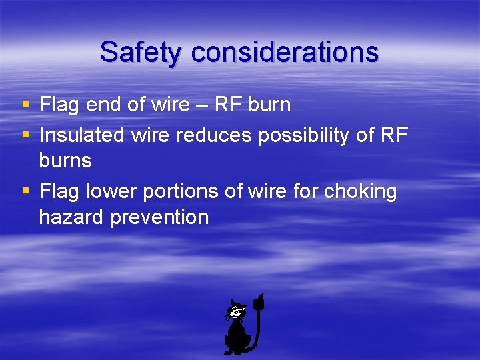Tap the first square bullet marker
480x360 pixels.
(25, 105)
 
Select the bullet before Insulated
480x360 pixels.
(25, 135)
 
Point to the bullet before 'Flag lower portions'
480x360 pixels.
(25, 191)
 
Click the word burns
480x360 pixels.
(65, 161)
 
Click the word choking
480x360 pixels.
(360, 192)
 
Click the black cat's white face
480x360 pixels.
(236, 311)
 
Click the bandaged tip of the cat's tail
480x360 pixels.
(259, 303)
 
